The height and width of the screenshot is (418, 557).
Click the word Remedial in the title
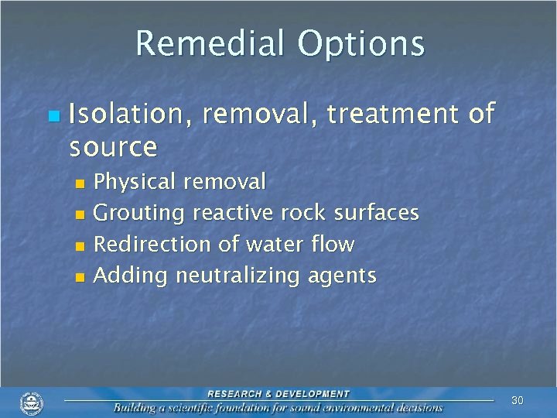click(208, 43)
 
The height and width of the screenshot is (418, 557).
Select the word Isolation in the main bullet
click(131, 115)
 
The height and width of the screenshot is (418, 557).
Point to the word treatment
click(393, 115)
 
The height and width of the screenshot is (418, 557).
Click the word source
click(113, 146)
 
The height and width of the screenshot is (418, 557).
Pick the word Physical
click(135, 182)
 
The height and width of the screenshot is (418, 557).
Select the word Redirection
click(152, 245)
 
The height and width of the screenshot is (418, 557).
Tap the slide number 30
click(518, 400)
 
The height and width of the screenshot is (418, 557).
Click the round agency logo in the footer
click(32, 403)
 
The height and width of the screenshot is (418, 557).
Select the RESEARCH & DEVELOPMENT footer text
click(278, 394)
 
